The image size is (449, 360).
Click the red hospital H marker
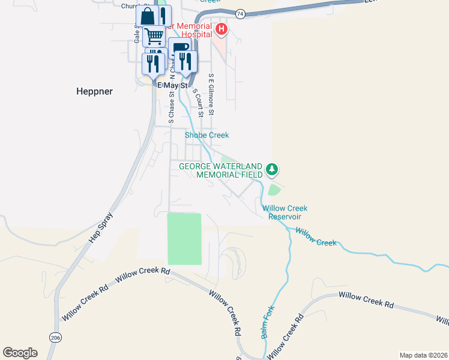tap(221, 28)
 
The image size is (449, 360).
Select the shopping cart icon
tap(154, 36)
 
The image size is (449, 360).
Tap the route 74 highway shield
tap(240, 13)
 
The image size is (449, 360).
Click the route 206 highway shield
tap(56, 338)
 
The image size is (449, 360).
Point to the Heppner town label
tap(95, 91)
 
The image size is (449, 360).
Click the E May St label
tap(173, 85)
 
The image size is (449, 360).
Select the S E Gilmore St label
tap(211, 95)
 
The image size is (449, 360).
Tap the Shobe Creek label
tap(206, 135)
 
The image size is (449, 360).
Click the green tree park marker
tap(272, 169)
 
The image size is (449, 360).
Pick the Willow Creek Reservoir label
tap(285, 212)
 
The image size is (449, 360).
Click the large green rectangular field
tap(184, 238)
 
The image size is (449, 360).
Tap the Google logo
tap(20, 353)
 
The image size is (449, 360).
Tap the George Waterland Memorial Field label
tap(221, 170)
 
